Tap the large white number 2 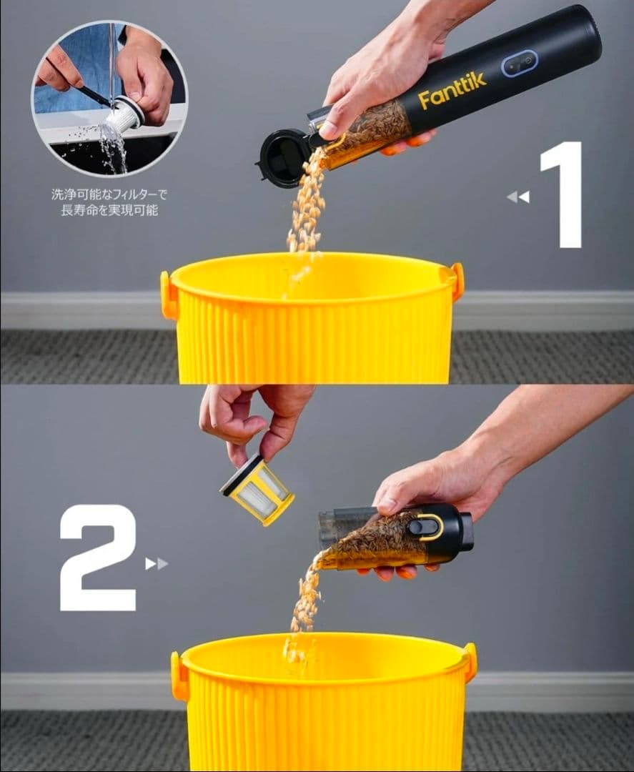tap(98, 558)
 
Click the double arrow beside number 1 tap(518, 197)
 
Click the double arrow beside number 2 tap(157, 564)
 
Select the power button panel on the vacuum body tap(520, 63)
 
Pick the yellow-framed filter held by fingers tap(257, 490)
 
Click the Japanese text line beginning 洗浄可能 tap(109, 194)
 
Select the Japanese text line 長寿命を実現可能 tap(109, 210)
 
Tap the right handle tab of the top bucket tap(457, 281)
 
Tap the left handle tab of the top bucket tap(168, 295)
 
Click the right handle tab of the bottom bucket tap(470, 662)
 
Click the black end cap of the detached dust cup tap(465, 532)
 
